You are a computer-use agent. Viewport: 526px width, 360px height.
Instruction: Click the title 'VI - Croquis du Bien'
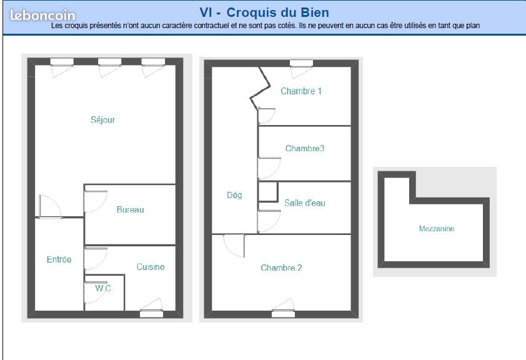click(x=264, y=12)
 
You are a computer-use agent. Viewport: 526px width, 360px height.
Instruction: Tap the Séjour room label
click(x=103, y=120)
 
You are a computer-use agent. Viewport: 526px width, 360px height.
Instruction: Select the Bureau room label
click(x=130, y=209)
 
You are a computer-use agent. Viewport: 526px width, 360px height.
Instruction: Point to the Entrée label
click(x=59, y=259)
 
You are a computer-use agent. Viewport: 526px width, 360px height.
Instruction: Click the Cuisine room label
click(x=151, y=267)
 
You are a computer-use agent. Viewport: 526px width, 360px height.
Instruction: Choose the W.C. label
click(x=104, y=288)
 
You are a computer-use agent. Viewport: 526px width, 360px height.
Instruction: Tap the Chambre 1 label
click(x=301, y=91)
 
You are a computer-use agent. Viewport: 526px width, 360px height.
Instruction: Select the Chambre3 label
click(x=305, y=149)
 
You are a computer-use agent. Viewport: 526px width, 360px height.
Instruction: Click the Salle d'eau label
click(x=305, y=203)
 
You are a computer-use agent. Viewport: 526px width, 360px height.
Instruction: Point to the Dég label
click(x=234, y=195)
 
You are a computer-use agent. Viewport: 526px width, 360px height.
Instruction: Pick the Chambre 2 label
click(x=281, y=268)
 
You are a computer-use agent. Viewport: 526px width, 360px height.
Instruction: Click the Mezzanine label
click(x=437, y=229)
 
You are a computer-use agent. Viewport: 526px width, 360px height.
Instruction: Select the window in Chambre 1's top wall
click(x=301, y=63)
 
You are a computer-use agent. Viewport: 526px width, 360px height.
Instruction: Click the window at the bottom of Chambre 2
click(x=283, y=314)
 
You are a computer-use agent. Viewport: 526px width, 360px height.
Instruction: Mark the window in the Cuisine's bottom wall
click(x=151, y=314)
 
